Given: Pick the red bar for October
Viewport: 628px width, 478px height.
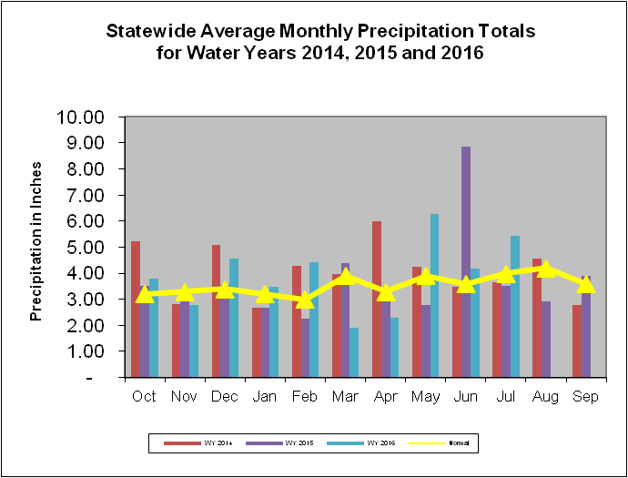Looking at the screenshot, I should coord(136,309).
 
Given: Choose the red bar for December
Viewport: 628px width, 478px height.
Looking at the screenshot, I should coord(216,310).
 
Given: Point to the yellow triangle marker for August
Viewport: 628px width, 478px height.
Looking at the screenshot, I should coord(546,269).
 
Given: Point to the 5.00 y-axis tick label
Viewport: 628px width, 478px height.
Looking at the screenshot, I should coord(91,248).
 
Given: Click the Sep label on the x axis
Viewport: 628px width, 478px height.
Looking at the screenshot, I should coord(586,396).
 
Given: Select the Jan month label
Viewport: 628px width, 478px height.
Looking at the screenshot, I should coord(265,396).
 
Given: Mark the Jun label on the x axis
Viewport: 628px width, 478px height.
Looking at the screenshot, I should coord(466,396).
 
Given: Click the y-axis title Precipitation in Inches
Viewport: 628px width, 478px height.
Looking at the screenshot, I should coord(37,247).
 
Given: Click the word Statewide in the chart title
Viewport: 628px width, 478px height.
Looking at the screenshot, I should coord(151,31).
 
